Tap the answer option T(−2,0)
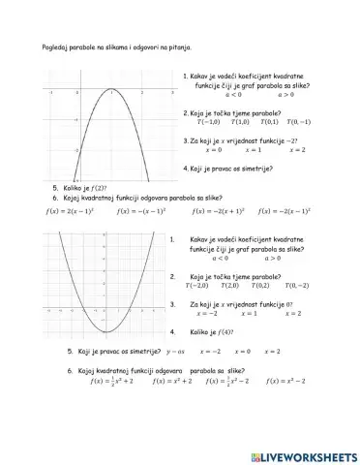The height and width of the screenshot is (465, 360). coord(196,286)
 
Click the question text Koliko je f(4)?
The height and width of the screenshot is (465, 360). coord(221,332)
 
